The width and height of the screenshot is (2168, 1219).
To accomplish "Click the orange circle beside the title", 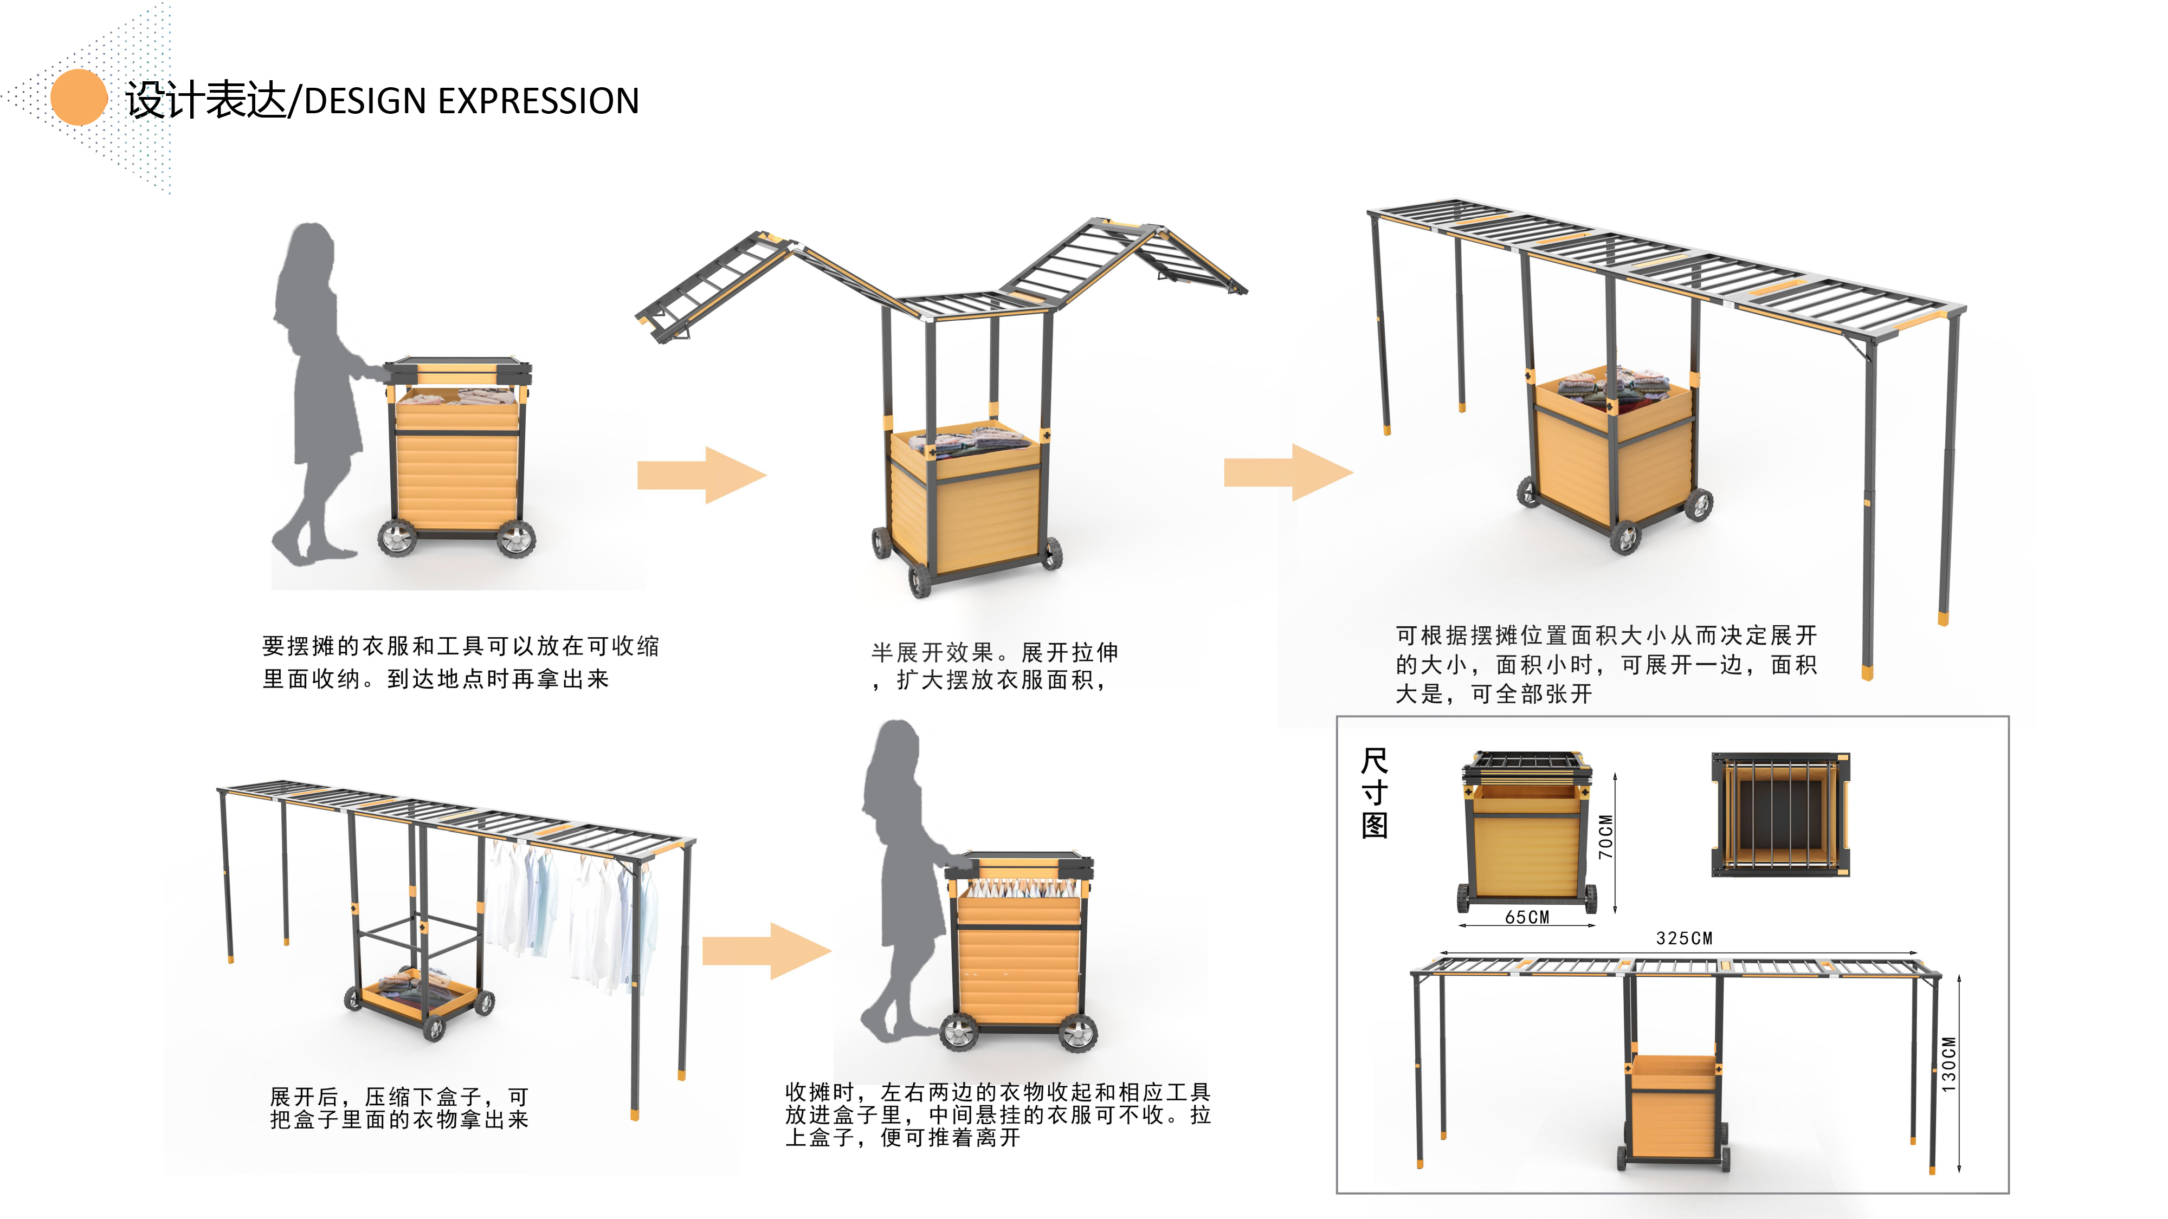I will [x=79, y=98].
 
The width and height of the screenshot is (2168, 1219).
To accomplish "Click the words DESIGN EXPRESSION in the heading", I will [x=472, y=101].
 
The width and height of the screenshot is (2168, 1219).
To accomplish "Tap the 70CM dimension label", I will [x=1606, y=837].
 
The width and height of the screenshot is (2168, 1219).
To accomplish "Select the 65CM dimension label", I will [x=1527, y=918].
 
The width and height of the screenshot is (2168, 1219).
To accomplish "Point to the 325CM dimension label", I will [x=1683, y=938].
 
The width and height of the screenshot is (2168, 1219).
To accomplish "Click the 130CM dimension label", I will [x=1949, y=1064].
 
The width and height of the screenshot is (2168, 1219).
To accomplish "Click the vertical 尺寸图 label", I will [x=1375, y=793].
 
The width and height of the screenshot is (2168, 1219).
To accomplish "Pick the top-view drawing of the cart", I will [x=1780, y=814].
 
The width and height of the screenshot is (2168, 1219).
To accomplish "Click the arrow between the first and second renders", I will [x=701, y=475].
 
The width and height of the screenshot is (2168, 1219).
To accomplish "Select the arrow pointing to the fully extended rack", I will [x=1288, y=473].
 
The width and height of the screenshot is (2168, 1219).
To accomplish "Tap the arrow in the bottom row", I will [x=766, y=951].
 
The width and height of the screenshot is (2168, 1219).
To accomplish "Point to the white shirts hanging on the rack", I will [x=572, y=909].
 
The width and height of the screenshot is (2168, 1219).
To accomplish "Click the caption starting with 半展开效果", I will [x=993, y=665].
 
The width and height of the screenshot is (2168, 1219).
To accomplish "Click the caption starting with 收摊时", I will [x=997, y=1114].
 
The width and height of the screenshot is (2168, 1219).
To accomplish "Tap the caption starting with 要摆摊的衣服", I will [x=460, y=662].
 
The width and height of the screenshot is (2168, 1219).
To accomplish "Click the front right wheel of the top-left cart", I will [x=516, y=539].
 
